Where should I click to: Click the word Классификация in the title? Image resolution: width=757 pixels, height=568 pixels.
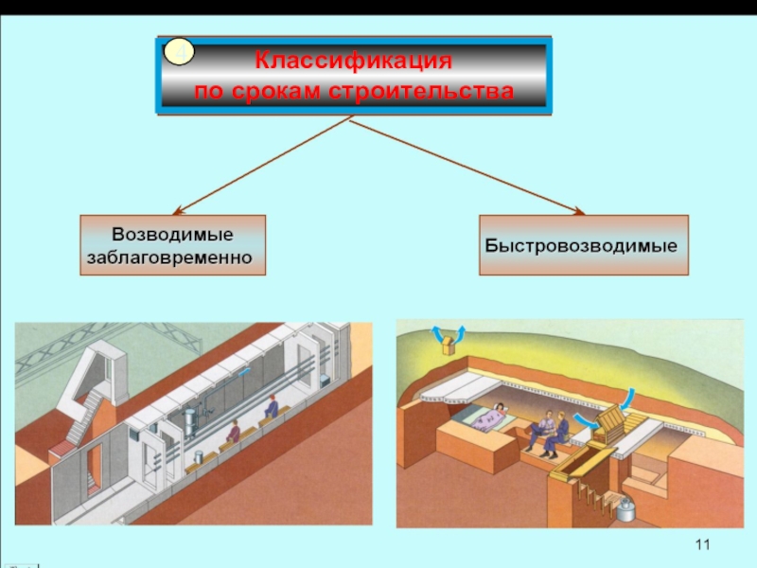click(x=353, y=62)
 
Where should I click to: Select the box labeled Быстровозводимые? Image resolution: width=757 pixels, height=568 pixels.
click(x=582, y=244)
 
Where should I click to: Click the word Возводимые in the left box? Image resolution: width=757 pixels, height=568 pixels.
click(x=172, y=233)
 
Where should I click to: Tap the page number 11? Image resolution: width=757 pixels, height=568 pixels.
click(x=701, y=543)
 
